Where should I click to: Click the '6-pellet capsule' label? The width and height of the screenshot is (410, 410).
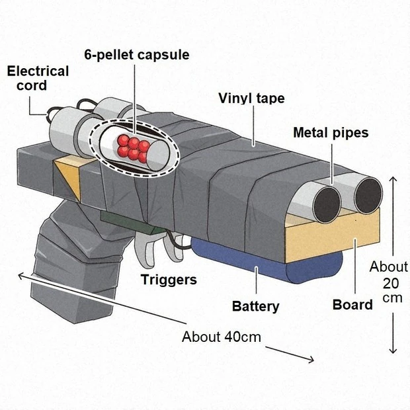point(137,55)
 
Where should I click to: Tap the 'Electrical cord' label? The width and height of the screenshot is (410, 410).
point(38,78)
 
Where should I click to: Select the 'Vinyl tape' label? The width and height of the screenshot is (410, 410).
point(251,99)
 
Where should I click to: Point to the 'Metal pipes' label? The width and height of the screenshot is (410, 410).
point(331,133)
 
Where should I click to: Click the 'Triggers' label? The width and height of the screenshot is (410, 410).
point(169,280)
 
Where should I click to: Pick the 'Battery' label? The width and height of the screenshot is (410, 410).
point(255,306)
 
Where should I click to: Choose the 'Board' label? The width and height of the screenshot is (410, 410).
point(352,305)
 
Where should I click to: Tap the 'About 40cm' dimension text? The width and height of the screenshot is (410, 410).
point(222,337)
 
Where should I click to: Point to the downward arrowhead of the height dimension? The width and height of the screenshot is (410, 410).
point(394,350)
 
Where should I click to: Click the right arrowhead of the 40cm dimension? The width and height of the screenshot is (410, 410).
point(311,360)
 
